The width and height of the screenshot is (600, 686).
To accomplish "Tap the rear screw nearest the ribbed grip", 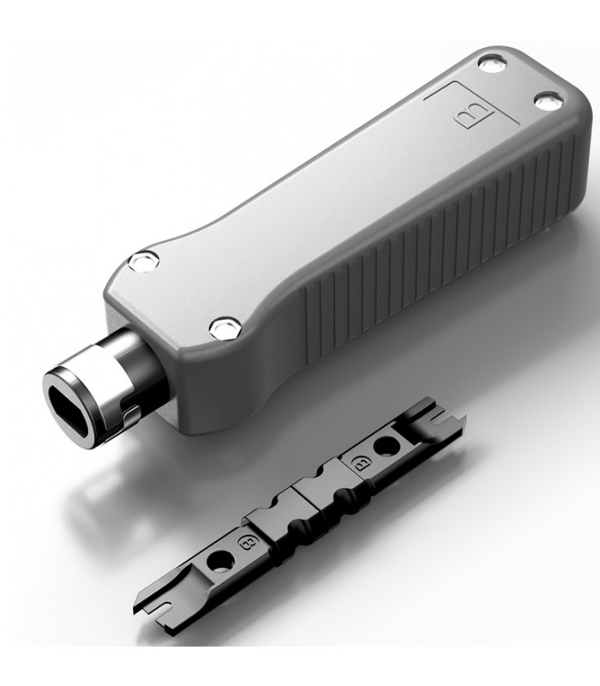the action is click(549, 101).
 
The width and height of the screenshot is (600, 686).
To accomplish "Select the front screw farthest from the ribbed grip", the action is click(143, 262).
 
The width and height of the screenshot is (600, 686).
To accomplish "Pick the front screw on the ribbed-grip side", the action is click(225, 328).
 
